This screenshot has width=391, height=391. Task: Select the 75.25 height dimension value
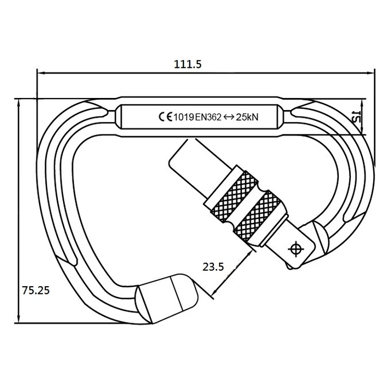[x=35, y=291]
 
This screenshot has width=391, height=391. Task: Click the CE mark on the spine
[x=165, y=117]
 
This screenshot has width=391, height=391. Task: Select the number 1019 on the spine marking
[x=184, y=117]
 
